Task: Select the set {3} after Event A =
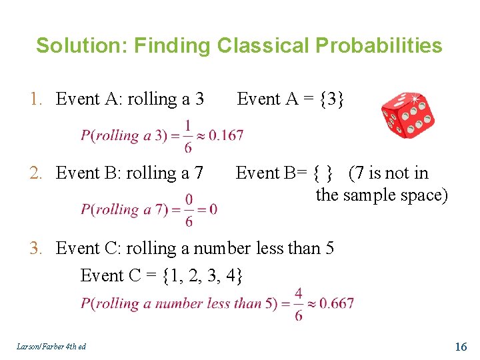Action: [332, 99]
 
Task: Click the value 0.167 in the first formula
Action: [226, 136]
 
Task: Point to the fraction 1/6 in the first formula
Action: [188, 136]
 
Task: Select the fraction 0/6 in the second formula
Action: [189, 209]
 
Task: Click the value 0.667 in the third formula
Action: [336, 303]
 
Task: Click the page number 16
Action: [461, 347]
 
